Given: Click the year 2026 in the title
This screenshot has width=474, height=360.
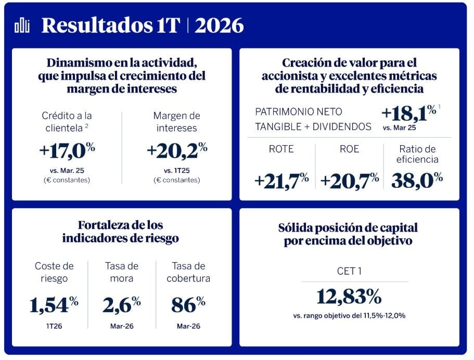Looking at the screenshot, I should (219, 24).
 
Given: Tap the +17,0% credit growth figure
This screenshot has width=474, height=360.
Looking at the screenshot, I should (67, 150).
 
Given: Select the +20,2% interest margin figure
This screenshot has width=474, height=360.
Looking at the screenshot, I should (177, 150).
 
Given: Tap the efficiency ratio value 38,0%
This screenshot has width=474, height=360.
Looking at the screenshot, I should (417, 180).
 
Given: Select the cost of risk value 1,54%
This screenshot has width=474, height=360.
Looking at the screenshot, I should (54, 305).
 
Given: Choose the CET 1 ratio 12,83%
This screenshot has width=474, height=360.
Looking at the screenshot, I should (349, 297).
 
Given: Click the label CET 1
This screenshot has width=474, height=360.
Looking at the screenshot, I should (349, 271).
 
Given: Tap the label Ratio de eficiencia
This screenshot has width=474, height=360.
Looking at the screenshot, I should (417, 155).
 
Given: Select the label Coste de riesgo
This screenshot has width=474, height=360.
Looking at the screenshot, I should (54, 272).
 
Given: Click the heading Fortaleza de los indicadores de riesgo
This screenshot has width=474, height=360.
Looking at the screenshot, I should (121, 232).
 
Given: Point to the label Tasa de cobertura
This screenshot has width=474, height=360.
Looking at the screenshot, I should (188, 272).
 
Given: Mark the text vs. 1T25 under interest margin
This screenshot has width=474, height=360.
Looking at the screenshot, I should (176, 170).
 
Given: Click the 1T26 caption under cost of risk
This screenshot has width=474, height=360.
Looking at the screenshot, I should (54, 327).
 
